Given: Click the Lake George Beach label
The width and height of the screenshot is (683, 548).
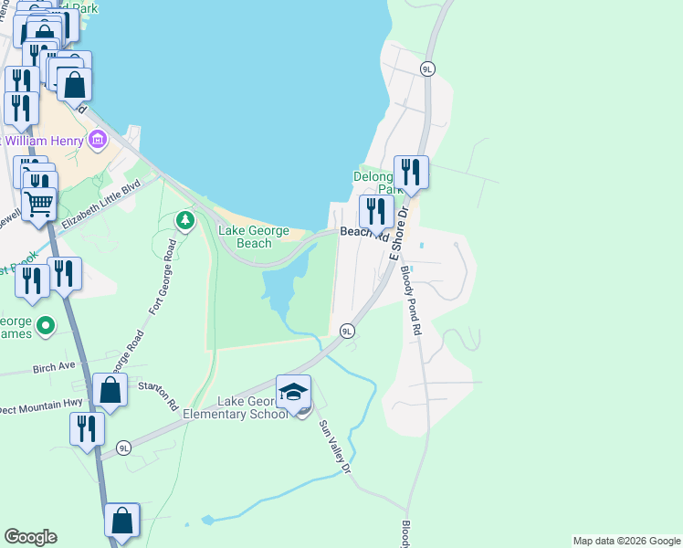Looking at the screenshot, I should pyautogui.click(x=254, y=237).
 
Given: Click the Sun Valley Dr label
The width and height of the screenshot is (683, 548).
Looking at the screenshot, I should pyautogui.click(x=334, y=446).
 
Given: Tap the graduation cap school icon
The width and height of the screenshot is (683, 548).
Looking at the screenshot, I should pyautogui.click(x=293, y=392).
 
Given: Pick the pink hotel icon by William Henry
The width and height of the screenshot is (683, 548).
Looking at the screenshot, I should pyautogui.click(x=98, y=141).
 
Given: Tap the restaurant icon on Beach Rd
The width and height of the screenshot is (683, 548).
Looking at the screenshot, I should pyautogui.click(x=376, y=212).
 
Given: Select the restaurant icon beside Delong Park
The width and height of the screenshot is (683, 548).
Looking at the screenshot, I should pyautogui.click(x=411, y=172).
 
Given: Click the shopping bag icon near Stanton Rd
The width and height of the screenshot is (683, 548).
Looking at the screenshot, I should pyautogui.click(x=110, y=390).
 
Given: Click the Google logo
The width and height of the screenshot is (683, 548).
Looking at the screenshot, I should pyautogui.click(x=30, y=537).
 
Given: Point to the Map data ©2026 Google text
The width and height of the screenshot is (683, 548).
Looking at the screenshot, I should pyautogui.click(x=625, y=541).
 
